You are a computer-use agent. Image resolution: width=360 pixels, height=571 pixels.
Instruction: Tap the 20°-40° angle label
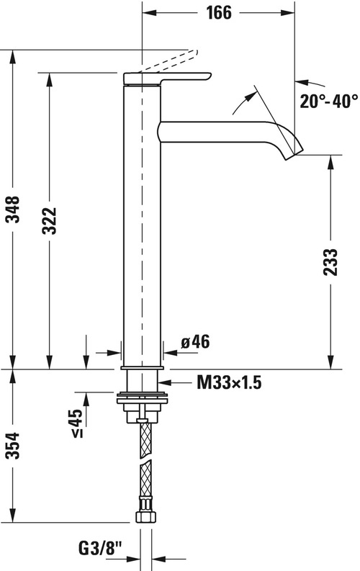pyautogui.click(x=328, y=102)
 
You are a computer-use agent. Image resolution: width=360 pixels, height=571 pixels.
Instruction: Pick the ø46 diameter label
pyautogui.click(x=194, y=342)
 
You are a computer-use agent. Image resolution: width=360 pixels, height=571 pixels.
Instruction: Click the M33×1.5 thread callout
pyautogui.click(x=228, y=383)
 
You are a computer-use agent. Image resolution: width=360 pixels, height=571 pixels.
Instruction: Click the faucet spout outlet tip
pyautogui.click(x=296, y=152)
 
